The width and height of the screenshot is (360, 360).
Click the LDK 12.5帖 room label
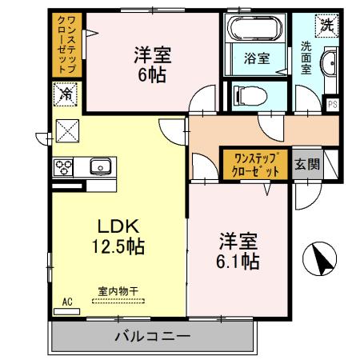[x=120, y=235]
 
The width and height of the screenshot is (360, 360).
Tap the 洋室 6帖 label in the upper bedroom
[x=151, y=64]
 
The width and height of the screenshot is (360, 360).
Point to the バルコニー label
[x=151, y=336]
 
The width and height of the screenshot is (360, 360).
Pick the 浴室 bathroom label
[x=256, y=58]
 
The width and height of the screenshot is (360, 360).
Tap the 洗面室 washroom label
[x=306, y=58]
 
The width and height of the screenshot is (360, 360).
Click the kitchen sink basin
[x=99, y=167]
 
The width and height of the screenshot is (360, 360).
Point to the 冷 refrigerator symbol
[x=66, y=95]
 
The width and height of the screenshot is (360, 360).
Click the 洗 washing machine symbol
[x=326, y=24]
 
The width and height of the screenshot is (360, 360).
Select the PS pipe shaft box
[x=332, y=103]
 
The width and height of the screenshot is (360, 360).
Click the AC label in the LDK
[x=66, y=302]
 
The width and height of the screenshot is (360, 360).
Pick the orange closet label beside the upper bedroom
[x=67, y=46]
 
